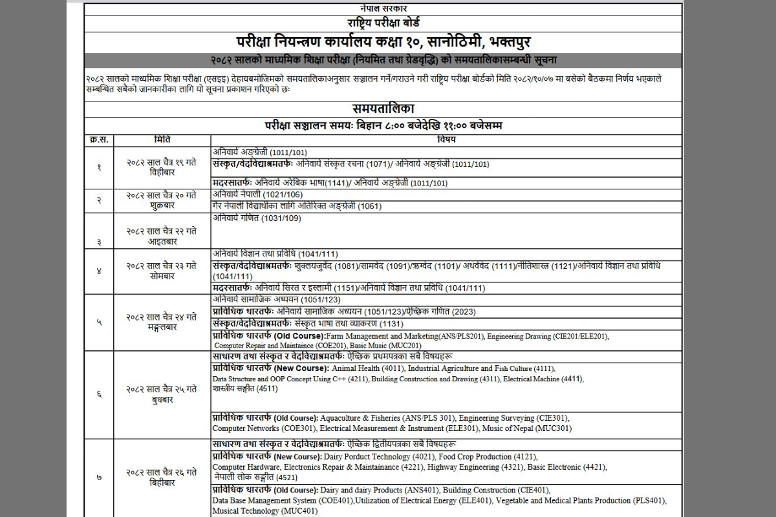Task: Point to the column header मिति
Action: click(x=162, y=140)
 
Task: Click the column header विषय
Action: click(x=446, y=140)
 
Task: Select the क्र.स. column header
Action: click(x=99, y=140)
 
